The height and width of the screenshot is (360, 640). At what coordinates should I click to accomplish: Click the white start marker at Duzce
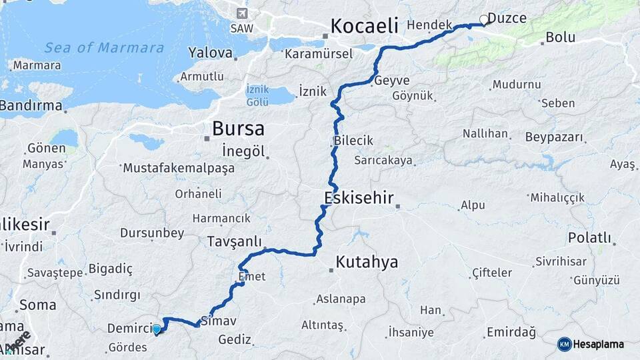pos(483,19)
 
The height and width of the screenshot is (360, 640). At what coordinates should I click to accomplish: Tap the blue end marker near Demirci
pos(156,329)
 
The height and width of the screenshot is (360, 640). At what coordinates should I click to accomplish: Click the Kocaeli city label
pos(363,27)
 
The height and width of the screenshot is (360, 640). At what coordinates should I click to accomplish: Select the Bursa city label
pos(238,129)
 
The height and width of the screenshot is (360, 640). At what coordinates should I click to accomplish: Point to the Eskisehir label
pos(359,198)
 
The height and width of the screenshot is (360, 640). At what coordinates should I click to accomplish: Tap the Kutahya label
pos(367,262)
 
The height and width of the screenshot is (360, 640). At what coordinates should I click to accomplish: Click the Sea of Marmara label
pos(104,48)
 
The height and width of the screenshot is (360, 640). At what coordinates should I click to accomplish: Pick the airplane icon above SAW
pos(241,13)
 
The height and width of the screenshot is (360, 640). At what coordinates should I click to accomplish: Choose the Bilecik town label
pos(353,141)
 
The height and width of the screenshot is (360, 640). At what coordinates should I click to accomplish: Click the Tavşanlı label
pos(234,241)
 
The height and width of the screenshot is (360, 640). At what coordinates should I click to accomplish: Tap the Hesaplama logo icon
pos(564,344)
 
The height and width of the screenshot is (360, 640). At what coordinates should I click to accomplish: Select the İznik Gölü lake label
pos(257,95)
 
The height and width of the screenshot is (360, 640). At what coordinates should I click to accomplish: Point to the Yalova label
pos(210,53)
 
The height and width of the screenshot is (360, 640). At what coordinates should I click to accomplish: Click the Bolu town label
pos(560,37)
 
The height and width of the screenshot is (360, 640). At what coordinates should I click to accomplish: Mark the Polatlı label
pos(589,238)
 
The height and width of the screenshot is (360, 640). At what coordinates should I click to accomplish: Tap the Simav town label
pos(219,321)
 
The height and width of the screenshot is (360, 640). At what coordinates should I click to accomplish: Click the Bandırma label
pos(31,105)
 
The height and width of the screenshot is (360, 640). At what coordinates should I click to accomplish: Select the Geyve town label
pos(391,81)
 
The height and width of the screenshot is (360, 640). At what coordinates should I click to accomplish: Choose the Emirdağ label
pos(511,332)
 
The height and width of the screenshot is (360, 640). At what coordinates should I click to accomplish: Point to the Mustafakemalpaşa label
pos(179,168)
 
